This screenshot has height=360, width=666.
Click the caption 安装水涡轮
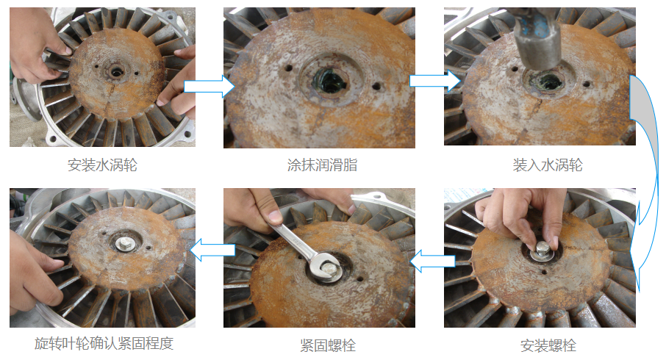click(102, 165)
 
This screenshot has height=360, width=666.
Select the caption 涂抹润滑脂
click(323, 165)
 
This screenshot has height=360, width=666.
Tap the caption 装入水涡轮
click(548, 165)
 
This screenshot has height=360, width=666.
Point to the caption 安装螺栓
click(548, 345)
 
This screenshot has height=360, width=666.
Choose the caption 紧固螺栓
click(328, 345)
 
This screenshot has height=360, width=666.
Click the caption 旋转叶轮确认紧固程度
click(104, 343)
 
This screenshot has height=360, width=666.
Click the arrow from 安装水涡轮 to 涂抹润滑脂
click(209, 87)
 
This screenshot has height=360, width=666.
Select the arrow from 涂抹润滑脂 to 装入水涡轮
click(435, 81)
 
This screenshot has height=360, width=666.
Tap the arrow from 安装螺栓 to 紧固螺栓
click(432, 261)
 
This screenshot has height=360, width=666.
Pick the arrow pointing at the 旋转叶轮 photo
click(212, 250)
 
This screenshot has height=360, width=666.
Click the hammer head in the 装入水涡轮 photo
click(537, 43)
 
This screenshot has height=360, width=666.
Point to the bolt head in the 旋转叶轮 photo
click(124, 243)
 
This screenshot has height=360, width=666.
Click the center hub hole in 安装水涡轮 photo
click(115, 71)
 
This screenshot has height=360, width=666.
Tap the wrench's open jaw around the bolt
click(323, 267)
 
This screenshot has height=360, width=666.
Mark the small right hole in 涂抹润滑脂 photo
click(376, 86)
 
